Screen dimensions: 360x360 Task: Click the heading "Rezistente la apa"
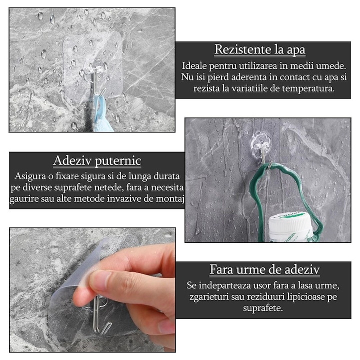coord(259,50)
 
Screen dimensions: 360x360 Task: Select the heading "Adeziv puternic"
coord(97,161)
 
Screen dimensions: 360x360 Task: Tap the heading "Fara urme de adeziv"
coord(264,270)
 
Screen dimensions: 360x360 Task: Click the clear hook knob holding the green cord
coord(260,142)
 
